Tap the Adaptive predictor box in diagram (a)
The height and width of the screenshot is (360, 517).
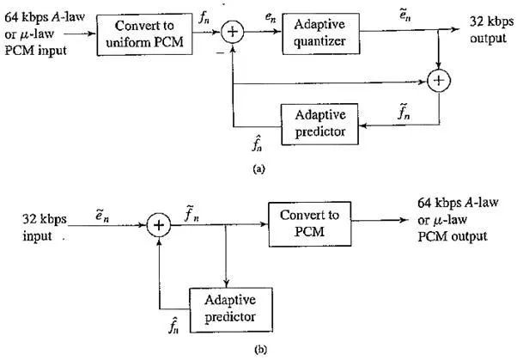pyautogui.click(x=320, y=121)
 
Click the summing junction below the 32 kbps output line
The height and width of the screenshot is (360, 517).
pyautogui.click(x=440, y=82)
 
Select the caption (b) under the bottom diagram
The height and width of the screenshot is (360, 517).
pyautogui.click(x=258, y=351)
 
